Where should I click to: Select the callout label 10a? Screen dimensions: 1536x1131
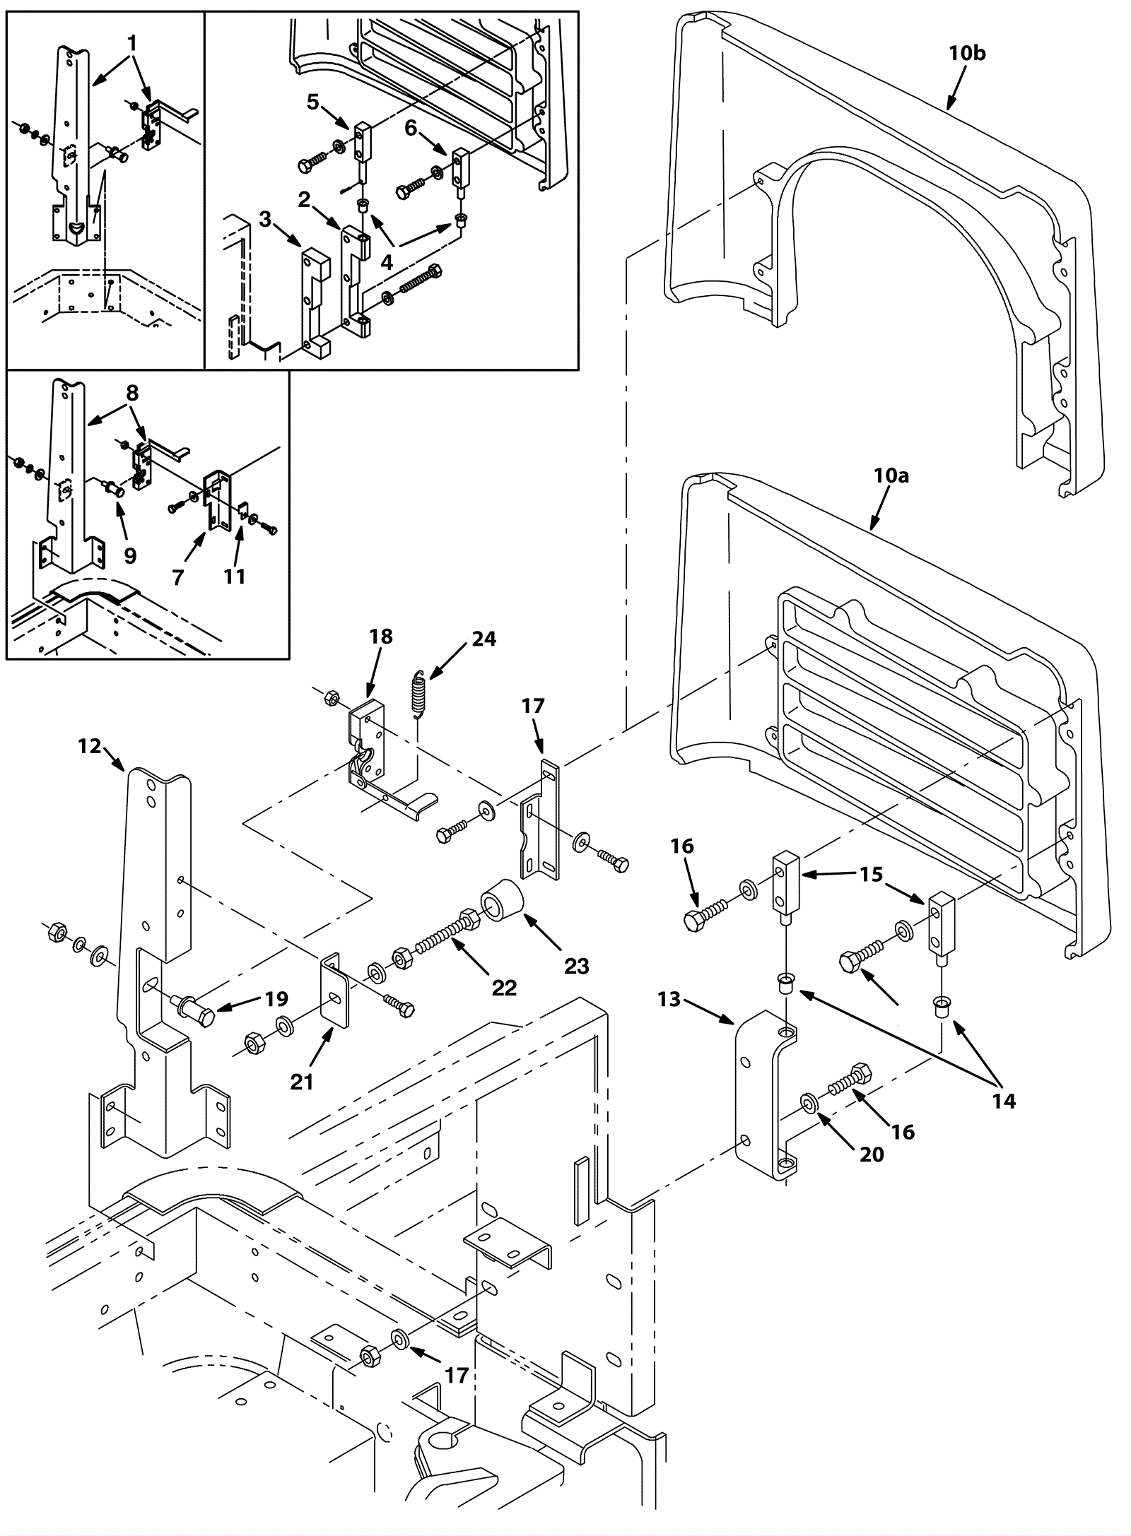[891, 475]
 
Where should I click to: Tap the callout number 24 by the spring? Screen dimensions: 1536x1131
[484, 639]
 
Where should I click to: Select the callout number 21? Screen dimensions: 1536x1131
[302, 1082]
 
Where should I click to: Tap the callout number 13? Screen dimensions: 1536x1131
[668, 999]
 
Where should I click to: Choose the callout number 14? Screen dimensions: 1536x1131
[1004, 1100]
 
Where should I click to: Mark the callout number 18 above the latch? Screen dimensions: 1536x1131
[380, 636]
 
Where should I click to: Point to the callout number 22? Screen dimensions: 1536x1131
[504, 987]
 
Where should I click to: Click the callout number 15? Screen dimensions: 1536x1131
[872, 875]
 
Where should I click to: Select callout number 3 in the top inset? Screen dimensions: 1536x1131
[265, 220]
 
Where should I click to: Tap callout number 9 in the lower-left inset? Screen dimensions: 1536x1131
[130, 555]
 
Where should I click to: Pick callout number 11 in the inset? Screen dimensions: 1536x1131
[234, 577]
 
